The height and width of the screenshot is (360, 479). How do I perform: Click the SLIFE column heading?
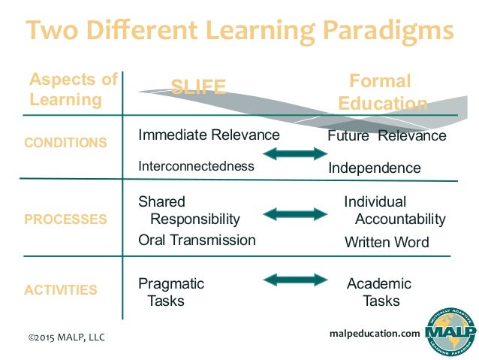(x=198, y=87)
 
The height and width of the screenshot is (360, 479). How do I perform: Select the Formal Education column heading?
(x=383, y=92)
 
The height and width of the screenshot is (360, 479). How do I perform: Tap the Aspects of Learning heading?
(x=73, y=89)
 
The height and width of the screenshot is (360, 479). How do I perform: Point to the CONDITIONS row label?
(x=65, y=142)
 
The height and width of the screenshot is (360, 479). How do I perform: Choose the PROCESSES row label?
(x=65, y=219)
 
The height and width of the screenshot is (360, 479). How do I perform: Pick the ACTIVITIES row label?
(x=62, y=289)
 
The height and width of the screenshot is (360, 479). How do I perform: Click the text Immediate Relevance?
(x=209, y=135)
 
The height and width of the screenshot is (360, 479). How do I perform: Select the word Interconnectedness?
(x=196, y=166)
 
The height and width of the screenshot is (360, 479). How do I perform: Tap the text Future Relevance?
(x=387, y=136)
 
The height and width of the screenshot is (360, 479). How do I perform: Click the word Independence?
(x=375, y=168)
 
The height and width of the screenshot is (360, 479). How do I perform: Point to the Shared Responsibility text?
(x=189, y=210)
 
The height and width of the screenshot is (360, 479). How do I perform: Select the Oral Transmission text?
(x=197, y=241)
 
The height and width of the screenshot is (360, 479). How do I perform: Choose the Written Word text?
(x=387, y=242)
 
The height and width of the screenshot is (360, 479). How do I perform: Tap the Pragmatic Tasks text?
(x=171, y=292)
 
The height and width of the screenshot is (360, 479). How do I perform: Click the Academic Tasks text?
(x=380, y=292)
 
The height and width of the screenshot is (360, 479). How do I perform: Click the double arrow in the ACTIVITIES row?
(x=296, y=280)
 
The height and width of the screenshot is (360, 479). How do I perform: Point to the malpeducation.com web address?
(x=375, y=333)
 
